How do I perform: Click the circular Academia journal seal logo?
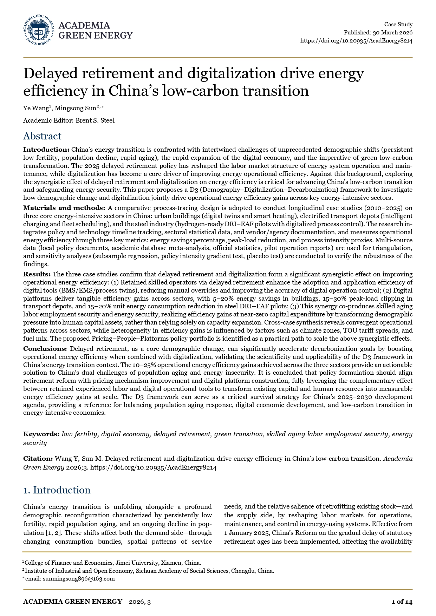(39, 30)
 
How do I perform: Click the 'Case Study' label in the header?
(398, 24)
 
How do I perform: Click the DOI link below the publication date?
(356, 40)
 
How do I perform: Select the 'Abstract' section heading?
(42, 136)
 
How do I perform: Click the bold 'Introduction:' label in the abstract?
(46, 150)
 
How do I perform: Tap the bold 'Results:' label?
(37, 274)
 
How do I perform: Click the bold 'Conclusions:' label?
(45, 348)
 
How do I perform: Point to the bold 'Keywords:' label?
(41, 434)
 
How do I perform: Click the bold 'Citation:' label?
(38, 459)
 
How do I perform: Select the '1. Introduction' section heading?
(57, 490)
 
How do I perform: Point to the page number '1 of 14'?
(402, 602)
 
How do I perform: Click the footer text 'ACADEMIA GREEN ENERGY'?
(73, 602)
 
